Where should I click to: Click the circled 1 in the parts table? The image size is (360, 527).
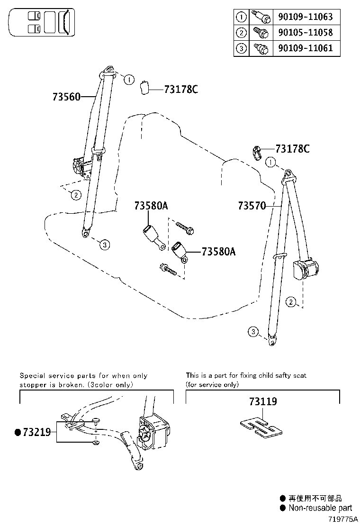click(x=242, y=17)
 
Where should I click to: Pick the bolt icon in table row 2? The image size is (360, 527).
click(x=261, y=33)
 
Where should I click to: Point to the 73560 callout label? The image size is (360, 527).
click(x=67, y=97)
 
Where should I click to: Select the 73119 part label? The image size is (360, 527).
click(x=263, y=401)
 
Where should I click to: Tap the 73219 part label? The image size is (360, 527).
click(x=38, y=432)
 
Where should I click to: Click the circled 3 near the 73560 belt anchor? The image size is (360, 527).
click(x=105, y=245)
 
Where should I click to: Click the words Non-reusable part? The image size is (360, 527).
click(x=321, y=508)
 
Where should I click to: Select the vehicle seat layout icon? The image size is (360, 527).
click(x=41, y=22)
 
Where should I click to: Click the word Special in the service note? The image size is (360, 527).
click(x=31, y=375)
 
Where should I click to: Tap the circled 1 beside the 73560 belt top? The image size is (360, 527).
click(x=129, y=80)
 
